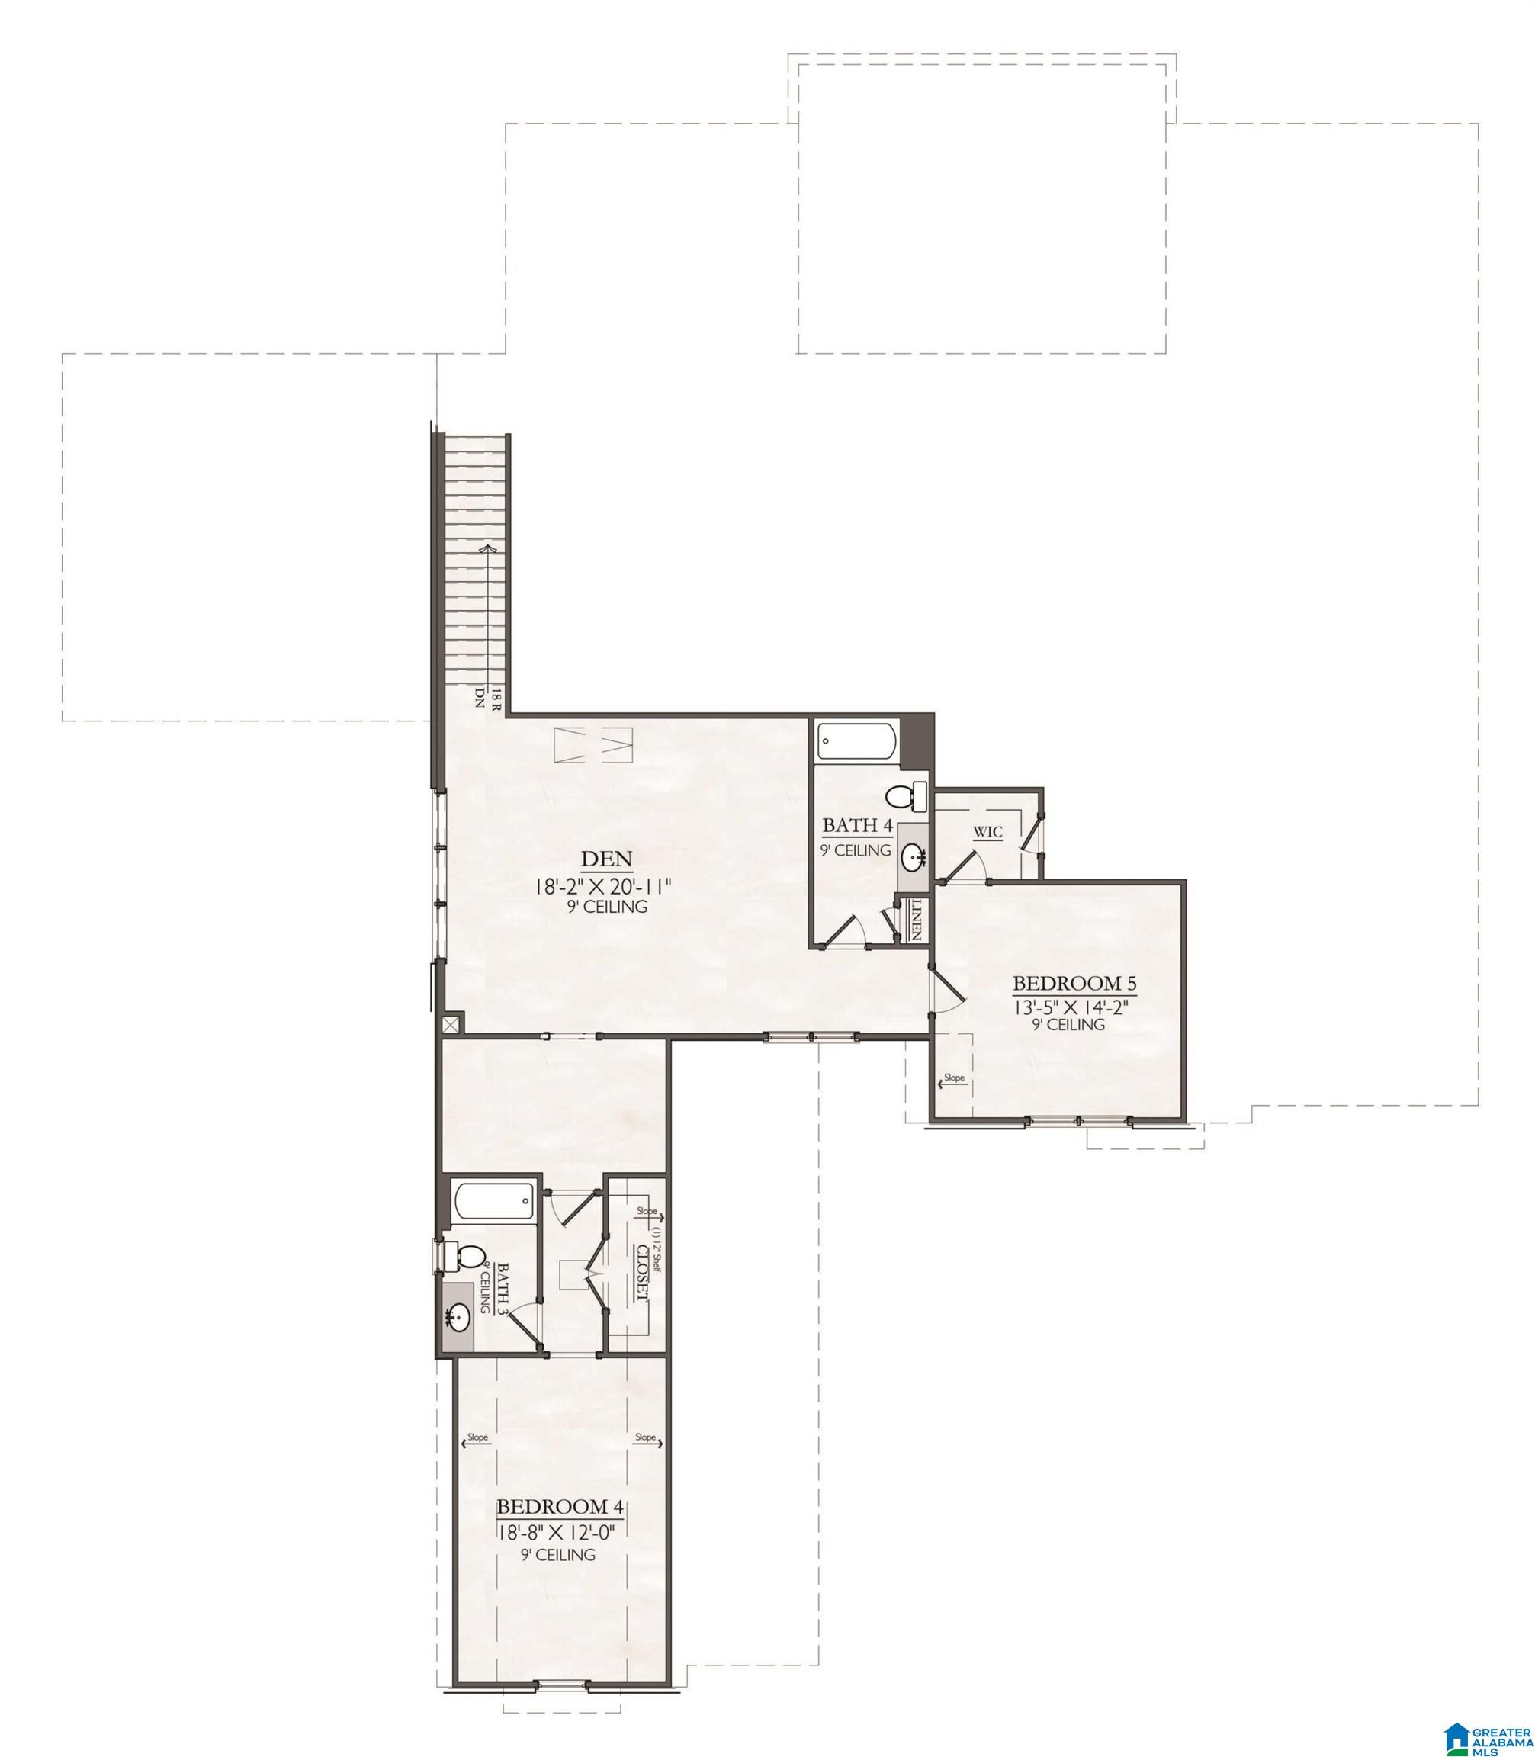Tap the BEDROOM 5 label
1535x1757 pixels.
point(1074,982)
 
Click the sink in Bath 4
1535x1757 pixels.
point(913,855)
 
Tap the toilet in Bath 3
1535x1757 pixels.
point(466,1257)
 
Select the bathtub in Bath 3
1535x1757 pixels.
point(494,1201)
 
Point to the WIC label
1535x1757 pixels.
point(987,832)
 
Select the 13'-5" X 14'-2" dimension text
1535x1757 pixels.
point(1070,1007)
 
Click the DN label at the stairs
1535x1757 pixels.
point(480,697)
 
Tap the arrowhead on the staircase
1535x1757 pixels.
point(488,548)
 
